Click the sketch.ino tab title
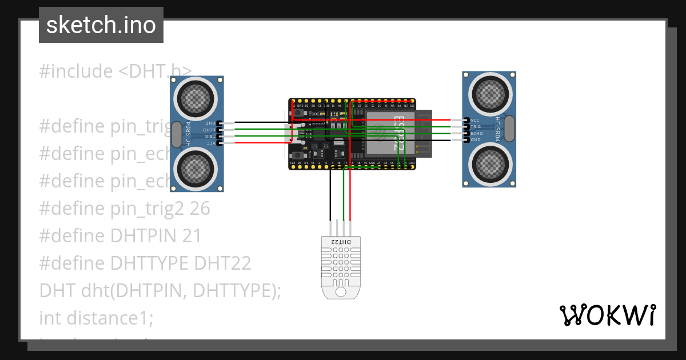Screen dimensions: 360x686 pos(101,25)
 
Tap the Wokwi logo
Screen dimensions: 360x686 pos(607,315)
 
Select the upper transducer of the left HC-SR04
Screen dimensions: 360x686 pos(197,98)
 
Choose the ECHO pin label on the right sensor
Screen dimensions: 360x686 pos(477,133)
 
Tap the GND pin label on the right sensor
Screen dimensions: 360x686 pos(476,139)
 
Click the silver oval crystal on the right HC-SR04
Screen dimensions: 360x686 pos(509,129)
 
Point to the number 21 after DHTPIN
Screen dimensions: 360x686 pos(192,236)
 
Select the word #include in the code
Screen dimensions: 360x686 pos(76,71)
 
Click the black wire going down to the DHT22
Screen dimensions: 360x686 pos(330,194)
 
